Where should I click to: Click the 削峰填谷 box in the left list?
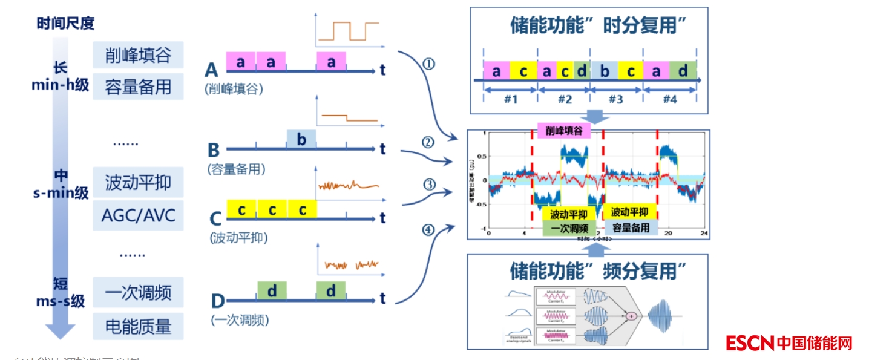pyautogui.click(x=138, y=56)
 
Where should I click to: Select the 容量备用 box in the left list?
pyautogui.click(x=138, y=87)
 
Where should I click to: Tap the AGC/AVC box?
pyautogui.click(x=138, y=215)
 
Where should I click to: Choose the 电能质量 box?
pyautogui.click(x=138, y=327)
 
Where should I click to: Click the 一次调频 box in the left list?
pyautogui.click(x=138, y=293)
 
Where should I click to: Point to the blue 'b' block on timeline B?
pyautogui.click(x=301, y=140)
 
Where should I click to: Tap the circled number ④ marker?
pyautogui.click(x=428, y=230)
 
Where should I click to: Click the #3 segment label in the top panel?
pyautogui.click(x=615, y=99)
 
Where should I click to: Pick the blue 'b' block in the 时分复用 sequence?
pyautogui.click(x=604, y=71)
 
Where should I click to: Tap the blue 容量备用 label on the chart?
pyautogui.click(x=630, y=228)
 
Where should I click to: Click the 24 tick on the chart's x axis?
pyautogui.click(x=704, y=234)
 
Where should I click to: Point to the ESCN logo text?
pyautogui.click(x=750, y=342)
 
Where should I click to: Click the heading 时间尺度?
pyautogui.click(x=65, y=24)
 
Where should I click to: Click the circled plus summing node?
pyautogui.click(x=631, y=316)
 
